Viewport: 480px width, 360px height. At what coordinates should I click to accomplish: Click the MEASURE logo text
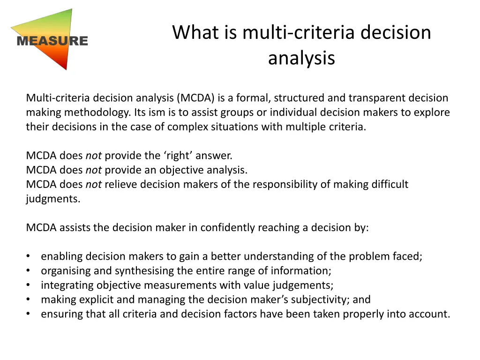(x=52, y=41)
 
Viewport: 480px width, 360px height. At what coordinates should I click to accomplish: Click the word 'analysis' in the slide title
(x=301, y=58)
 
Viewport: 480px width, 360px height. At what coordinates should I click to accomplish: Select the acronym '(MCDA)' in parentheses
(x=196, y=98)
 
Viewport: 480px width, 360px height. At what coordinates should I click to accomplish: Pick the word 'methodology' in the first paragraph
(x=97, y=112)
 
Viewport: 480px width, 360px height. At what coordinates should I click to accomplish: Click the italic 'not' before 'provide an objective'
(x=93, y=170)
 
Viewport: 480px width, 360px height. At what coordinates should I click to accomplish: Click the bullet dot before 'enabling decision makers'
(x=29, y=256)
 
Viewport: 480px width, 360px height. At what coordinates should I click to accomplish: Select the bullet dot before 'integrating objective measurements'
(x=29, y=285)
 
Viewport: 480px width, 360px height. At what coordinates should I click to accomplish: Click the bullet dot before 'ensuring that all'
(x=29, y=314)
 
